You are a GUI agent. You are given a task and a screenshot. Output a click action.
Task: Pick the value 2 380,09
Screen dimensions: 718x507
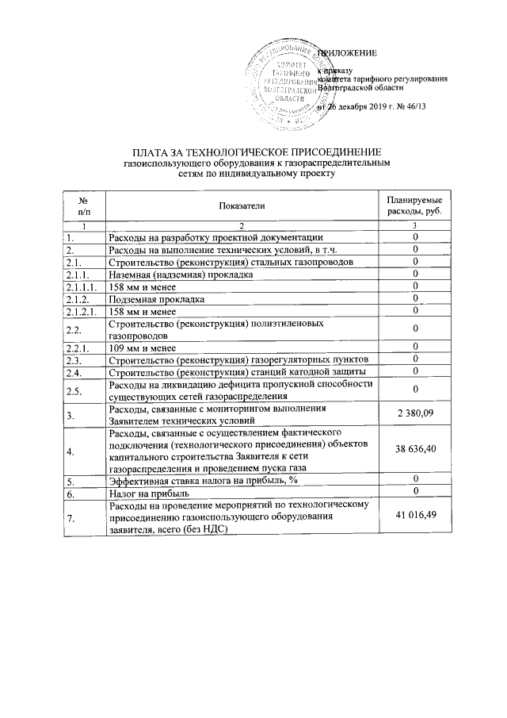[x=415, y=414]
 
